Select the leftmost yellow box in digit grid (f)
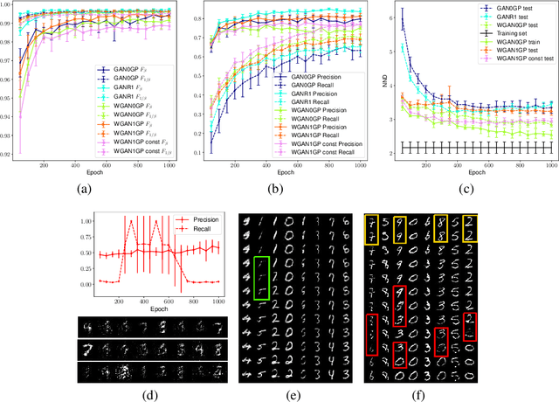pos(374,231)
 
